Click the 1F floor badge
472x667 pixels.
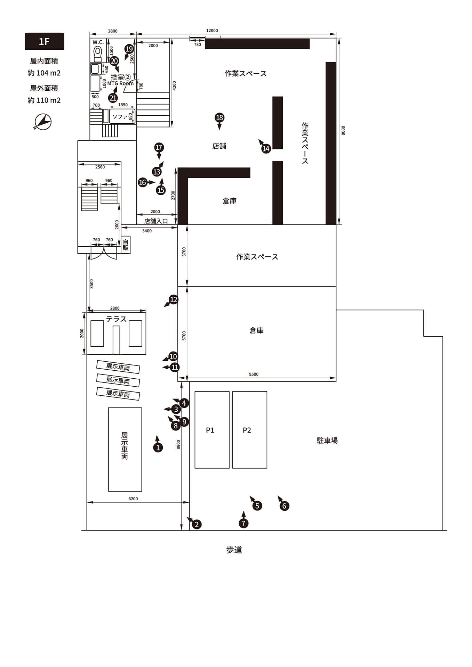coord(45,41)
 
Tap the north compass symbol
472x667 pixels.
coord(43,122)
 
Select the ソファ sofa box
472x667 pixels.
coord(122,116)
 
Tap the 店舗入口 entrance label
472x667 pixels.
coord(156,221)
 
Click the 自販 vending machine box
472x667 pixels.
coord(126,245)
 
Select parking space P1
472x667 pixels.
coord(212,430)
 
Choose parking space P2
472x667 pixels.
coord(250,430)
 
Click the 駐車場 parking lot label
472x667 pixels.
coord(327,440)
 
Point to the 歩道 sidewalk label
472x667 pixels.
coord(234,550)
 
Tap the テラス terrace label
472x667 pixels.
coord(116,319)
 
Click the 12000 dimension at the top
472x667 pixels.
coord(212,31)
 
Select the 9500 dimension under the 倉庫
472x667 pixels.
coord(254,374)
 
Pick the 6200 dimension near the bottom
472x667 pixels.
coord(133,499)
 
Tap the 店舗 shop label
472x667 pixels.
coord(219,146)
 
